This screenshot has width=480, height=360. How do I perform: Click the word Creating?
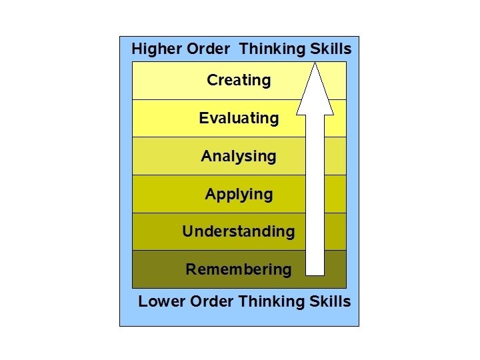(239, 81)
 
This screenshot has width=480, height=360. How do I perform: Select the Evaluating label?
(239, 119)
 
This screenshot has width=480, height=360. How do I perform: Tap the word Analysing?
(239, 157)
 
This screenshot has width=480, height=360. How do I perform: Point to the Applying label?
(239, 195)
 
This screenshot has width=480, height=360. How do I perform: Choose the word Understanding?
(238, 232)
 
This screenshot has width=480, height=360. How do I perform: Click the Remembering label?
(238, 269)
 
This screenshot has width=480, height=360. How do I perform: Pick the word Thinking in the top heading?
(272, 49)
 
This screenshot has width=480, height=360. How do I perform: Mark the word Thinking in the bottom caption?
(271, 301)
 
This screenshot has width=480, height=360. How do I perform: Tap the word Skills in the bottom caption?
(329, 301)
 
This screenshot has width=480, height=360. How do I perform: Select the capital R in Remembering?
(191, 269)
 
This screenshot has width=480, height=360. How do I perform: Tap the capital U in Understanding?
(187, 231)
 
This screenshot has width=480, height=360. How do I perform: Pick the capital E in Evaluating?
(203, 119)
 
